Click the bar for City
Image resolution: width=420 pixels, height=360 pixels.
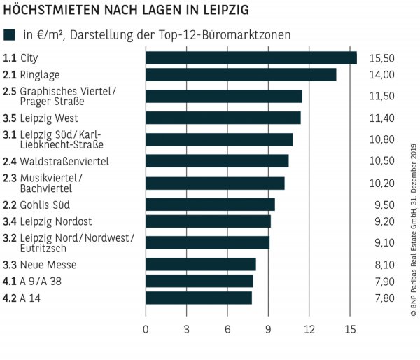tap(251, 57)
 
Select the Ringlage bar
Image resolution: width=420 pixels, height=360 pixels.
tap(241, 75)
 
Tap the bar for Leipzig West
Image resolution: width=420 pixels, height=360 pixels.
tap(223, 118)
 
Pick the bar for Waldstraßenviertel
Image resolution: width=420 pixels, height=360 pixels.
tap(217, 161)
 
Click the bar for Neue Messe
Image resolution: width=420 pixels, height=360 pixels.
tap(200, 265)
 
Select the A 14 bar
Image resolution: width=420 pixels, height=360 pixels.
tap(198, 298)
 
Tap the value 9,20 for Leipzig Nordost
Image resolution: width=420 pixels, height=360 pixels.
tap(383, 221)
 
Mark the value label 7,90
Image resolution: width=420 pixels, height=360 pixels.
tap(383, 282)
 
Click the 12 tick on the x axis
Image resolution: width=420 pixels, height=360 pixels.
tap(309, 329)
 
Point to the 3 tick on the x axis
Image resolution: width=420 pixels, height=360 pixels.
tap(186, 329)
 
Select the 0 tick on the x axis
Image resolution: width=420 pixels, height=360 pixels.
tap(146, 329)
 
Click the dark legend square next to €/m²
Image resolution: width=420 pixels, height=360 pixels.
tap(9, 34)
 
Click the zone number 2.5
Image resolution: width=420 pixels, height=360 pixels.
tap(9, 92)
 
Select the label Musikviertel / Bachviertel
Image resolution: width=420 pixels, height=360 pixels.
tap(50, 184)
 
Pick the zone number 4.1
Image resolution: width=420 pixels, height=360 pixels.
tap(9, 282)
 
